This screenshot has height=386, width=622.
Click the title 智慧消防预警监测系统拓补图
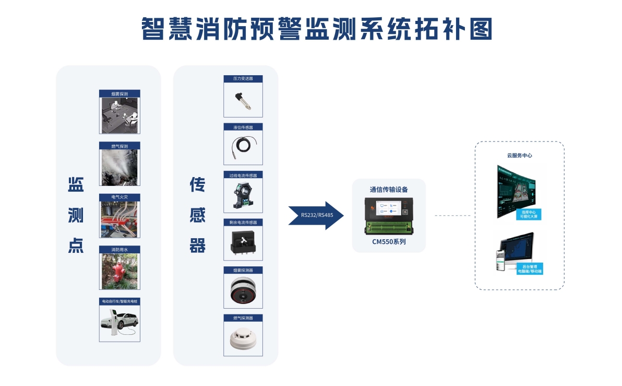click(x=317, y=29)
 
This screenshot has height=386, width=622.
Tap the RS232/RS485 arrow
click(x=317, y=215)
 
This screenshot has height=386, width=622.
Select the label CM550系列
click(x=389, y=242)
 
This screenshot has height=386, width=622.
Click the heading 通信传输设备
click(x=389, y=189)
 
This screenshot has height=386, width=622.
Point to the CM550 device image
click(x=389, y=216)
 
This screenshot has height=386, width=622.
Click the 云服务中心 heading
click(x=519, y=155)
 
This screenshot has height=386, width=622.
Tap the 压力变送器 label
click(x=243, y=79)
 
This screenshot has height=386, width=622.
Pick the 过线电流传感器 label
click(x=243, y=175)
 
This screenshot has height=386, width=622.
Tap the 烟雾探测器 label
click(x=243, y=271)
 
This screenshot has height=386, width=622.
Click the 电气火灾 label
click(x=119, y=197)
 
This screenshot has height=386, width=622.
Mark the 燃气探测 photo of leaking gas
click(x=119, y=167)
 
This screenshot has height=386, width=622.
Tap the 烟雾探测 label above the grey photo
click(x=119, y=94)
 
